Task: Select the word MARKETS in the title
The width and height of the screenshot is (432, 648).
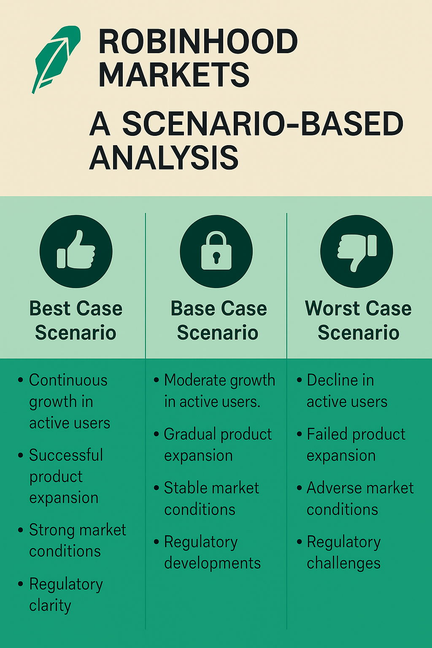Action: (174, 75)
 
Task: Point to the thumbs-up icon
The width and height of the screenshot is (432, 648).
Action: (76, 251)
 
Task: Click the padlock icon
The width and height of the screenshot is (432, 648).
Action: (216, 251)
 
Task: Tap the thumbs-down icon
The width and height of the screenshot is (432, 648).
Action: (357, 251)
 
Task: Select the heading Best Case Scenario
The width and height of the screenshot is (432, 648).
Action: (76, 320)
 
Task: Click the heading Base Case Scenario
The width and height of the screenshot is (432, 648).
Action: (218, 320)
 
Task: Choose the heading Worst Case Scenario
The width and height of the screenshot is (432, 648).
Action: (358, 320)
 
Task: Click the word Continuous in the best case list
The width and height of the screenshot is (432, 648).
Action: (68, 380)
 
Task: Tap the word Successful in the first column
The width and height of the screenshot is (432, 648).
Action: (66, 455)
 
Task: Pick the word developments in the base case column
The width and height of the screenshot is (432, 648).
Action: (212, 564)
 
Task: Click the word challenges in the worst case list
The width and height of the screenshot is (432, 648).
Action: (343, 564)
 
